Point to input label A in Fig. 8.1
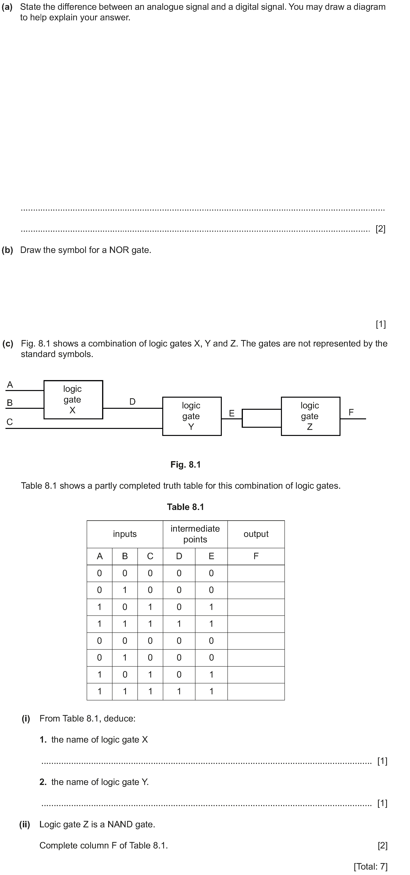(10, 385)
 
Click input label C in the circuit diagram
(10, 422)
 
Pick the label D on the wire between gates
(132, 402)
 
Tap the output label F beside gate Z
(351, 412)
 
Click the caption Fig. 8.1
(186, 464)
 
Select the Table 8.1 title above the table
(186, 507)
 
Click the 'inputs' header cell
(125, 534)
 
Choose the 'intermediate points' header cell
(195, 534)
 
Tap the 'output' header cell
(256, 534)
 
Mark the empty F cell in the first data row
(256, 573)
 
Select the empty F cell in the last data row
(256, 692)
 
